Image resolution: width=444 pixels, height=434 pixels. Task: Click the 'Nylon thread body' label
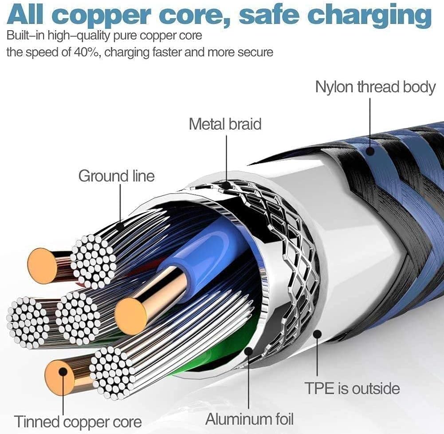[x=375, y=87]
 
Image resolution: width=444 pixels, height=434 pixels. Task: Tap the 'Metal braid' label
[x=225, y=124]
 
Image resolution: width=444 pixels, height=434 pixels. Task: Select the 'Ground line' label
[x=116, y=176]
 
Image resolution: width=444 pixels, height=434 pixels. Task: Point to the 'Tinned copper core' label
[x=78, y=421]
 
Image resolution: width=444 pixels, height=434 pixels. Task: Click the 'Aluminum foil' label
[x=249, y=418]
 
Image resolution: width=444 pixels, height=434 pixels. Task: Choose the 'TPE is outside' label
[x=352, y=389]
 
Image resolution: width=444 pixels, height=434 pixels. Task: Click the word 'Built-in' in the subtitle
[x=26, y=35]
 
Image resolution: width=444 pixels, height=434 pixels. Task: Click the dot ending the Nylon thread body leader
[x=370, y=151]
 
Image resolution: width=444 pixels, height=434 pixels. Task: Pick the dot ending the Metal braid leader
[x=226, y=184]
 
